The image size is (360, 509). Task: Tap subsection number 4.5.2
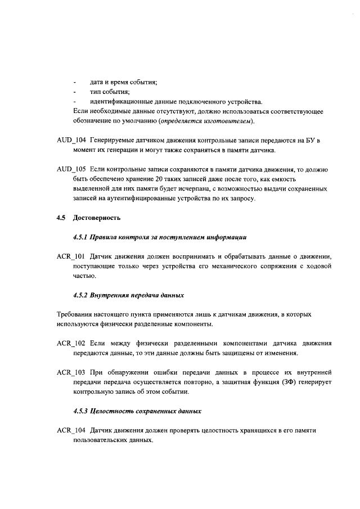(x=81, y=295)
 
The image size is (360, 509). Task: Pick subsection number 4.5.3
(x=81, y=411)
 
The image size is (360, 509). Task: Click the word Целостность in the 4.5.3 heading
(x=113, y=411)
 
